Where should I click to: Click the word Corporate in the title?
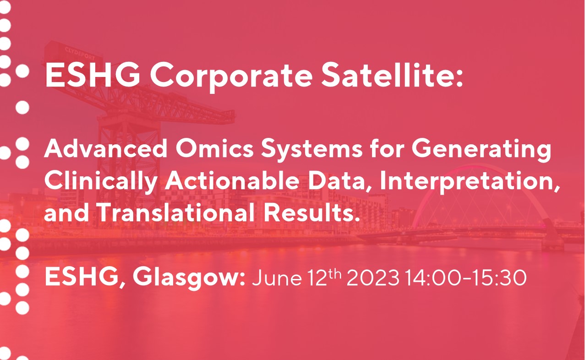point(231,77)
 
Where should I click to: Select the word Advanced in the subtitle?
point(106,148)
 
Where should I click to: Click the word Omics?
point(214,148)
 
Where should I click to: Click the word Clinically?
point(101,182)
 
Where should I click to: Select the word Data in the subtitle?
point(340,181)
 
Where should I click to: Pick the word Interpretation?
point(470,182)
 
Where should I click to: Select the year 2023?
point(373,277)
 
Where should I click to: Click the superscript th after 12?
point(335,274)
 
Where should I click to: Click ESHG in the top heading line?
point(93,76)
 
